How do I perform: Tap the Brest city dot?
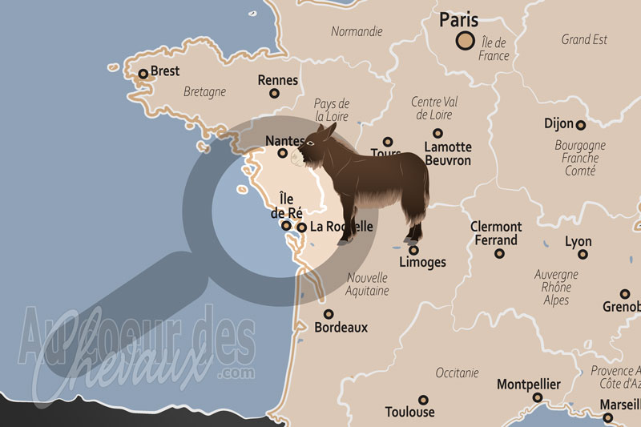pyautogui.click(x=143, y=75)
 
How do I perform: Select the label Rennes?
pyautogui.click(x=278, y=80)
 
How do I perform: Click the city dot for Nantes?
pyautogui.click(x=282, y=153)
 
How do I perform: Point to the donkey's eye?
pyautogui.click(x=310, y=143)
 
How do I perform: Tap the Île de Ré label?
pyautogui.click(x=286, y=205)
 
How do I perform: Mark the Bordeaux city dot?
pyautogui.click(x=329, y=314)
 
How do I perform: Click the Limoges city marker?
pyautogui.click(x=413, y=250)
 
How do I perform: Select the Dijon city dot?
pyautogui.click(x=580, y=125)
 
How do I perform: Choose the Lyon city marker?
pyautogui.click(x=583, y=254)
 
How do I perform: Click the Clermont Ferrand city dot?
pyautogui.click(x=499, y=253)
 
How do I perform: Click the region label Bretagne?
pyautogui.click(x=204, y=92)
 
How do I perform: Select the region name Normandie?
pyautogui.click(x=357, y=32)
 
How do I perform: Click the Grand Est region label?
pyautogui.click(x=583, y=39)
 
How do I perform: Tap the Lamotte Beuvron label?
pyautogui.click(x=448, y=154)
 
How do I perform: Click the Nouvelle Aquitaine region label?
pyautogui.click(x=368, y=284)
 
